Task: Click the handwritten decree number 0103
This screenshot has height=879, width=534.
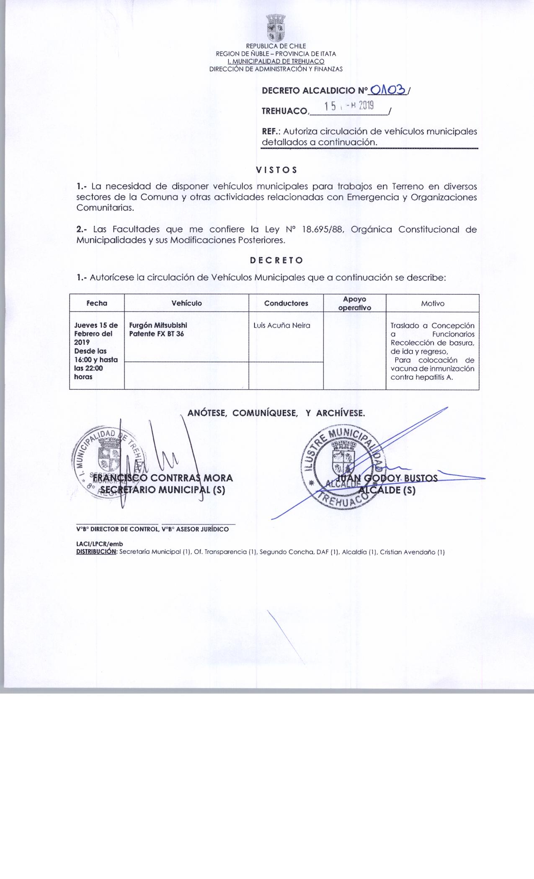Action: tap(389, 90)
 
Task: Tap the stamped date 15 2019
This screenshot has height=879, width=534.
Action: tap(348, 107)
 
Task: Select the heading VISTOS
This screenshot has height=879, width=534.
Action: tap(276, 170)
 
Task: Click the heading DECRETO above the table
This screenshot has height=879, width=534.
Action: tap(276, 260)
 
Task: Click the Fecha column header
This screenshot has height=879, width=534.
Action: tap(97, 303)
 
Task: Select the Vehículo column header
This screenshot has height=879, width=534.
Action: tap(186, 303)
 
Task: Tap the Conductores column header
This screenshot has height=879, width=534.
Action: tap(286, 303)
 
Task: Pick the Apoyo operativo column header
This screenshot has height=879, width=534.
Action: tap(354, 303)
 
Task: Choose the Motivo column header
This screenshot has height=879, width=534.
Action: tap(433, 303)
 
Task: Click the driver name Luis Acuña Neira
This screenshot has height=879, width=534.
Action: tap(282, 325)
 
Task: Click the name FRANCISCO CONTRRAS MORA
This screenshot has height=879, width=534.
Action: tap(163, 478)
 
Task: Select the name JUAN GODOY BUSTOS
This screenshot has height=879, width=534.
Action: tap(388, 478)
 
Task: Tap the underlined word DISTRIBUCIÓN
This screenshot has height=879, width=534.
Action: tap(96, 552)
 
